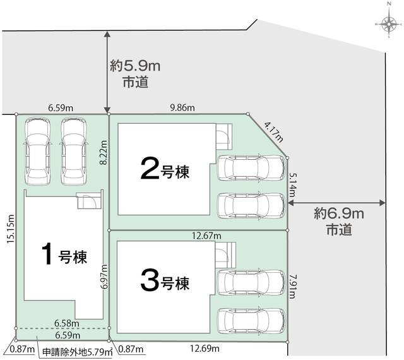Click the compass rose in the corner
389,24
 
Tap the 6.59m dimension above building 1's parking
61,108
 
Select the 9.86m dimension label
182,107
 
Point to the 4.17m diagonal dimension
273,133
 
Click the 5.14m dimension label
293,184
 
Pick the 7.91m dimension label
292,287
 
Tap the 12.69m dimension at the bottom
205,349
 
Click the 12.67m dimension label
206,236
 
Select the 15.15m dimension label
11,229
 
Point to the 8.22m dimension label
104,153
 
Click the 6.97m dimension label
105,277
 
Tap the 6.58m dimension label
67,323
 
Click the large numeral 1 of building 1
48,255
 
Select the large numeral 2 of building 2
150,169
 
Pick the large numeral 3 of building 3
150,280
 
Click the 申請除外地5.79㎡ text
78,352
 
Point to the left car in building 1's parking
37,151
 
